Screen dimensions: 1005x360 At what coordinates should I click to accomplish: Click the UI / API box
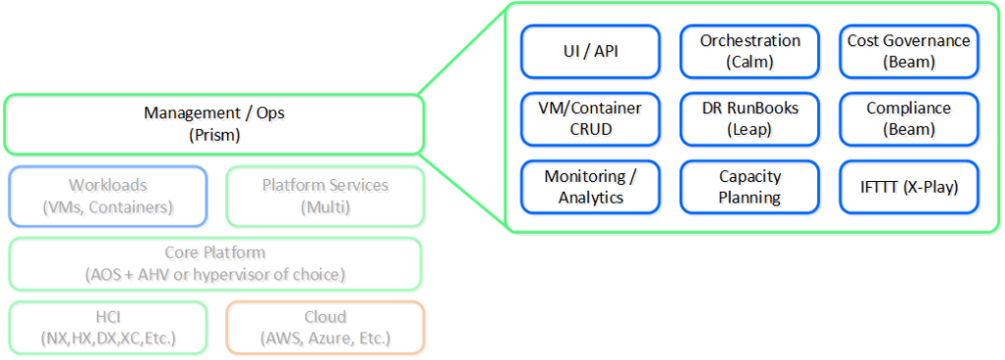click(x=590, y=51)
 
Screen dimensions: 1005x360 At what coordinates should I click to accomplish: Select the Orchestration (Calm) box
click(x=749, y=51)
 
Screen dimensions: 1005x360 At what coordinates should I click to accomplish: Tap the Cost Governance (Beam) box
click(x=909, y=51)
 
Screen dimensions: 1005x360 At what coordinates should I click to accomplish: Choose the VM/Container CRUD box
click(x=590, y=118)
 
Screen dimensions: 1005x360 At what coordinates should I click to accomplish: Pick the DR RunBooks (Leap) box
click(x=749, y=118)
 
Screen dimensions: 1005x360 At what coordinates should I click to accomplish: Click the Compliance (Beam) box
click(x=909, y=118)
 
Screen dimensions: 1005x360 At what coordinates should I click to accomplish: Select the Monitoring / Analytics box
click(x=590, y=187)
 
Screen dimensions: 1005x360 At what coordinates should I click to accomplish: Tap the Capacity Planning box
click(x=749, y=187)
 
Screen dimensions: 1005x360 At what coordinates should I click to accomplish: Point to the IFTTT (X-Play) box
click(x=909, y=187)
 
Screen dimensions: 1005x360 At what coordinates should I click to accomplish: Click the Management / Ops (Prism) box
click(x=214, y=124)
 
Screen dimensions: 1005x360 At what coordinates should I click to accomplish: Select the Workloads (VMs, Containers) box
click(x=108, y=197)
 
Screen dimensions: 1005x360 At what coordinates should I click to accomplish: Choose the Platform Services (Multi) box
click(x=325, y=197)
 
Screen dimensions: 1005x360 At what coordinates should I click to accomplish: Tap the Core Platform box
click(x=215, y=264)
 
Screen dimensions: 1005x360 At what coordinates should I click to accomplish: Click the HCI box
click(x=108, y=328)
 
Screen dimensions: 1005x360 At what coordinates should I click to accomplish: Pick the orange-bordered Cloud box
click(x=325, y=328)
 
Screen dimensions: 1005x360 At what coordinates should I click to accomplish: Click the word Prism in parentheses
click(x=214, y=136)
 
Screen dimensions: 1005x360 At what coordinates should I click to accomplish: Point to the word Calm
click(x=749, y=62)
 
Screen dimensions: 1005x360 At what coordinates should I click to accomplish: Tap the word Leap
click(x=748, y=130)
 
